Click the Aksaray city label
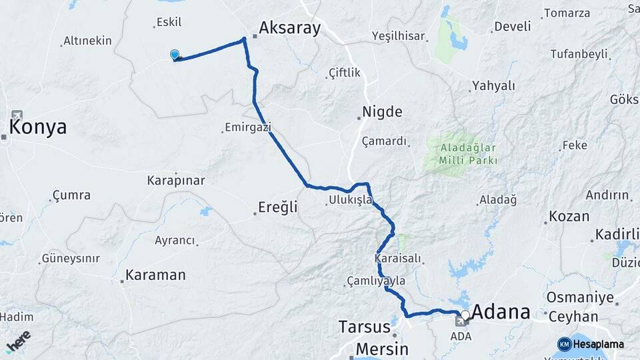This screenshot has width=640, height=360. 289,28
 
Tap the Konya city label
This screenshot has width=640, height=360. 38,127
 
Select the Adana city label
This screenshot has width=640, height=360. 501,312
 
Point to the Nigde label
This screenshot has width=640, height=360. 382,111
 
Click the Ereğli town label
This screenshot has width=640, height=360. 278,207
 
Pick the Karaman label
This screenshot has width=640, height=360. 155,275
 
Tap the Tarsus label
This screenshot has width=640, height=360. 364,327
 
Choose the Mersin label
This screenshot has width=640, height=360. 381,349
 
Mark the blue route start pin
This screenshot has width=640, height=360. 175,55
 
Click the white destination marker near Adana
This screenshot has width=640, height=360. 465,313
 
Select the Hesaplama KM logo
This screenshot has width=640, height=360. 591,344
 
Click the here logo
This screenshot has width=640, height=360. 18,341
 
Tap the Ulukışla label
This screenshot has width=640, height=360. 350,200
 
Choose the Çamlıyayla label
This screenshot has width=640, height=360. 375,281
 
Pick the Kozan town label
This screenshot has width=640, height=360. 569,217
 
